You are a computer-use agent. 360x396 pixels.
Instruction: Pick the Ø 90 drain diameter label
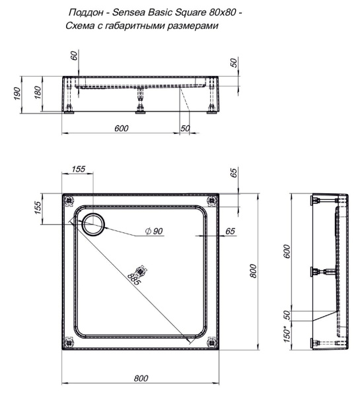pyautogui.click(x=154, y=232)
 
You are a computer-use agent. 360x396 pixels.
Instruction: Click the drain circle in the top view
pyautogui.click(x=92, y=224)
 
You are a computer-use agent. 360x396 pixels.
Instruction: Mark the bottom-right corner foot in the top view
pyautogui.click(x=211, y=341)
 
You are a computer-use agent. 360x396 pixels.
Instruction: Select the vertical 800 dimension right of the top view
pyautogui.click(x=253, y=271)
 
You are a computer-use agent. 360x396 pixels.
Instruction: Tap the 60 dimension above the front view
pyautogui.click(x=74, y=57)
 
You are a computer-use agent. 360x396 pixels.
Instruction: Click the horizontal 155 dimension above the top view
pyautogui.click(x=77, y=170)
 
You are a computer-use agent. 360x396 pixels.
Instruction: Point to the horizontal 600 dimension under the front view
pyautogui.click(x=120, y=128)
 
